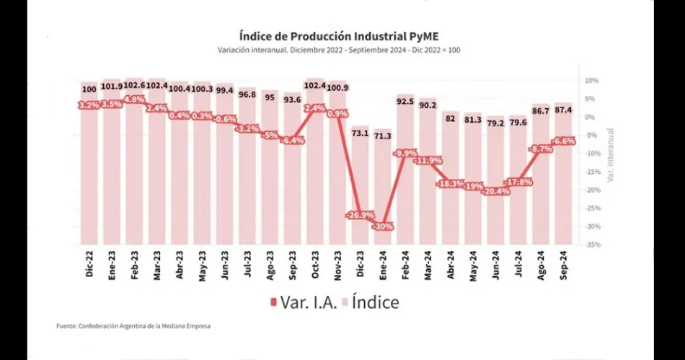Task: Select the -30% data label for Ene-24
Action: click(x=382, y=226)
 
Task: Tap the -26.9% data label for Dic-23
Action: click(x=360, y=215)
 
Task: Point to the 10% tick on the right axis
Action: click(x=591, y=80)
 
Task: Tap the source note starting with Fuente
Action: click(x=134, y=326)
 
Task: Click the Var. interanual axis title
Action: click(x=609, y=154)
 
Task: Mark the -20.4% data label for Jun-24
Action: click(x=495, y=191)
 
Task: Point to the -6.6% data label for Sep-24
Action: click(x=562, y=141)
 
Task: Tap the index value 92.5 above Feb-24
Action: click(x=405, y=102)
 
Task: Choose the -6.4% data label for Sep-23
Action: click(x=292, y=141)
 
